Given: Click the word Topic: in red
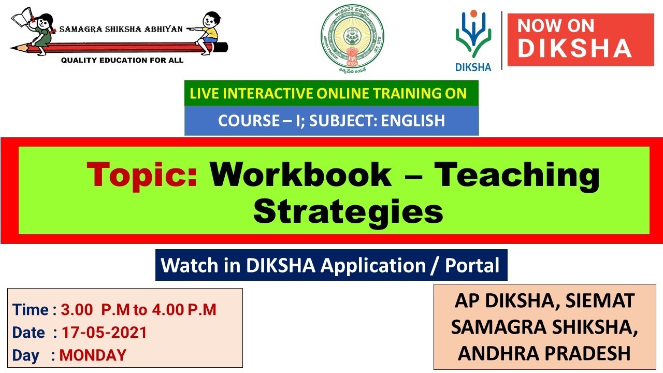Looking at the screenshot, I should tap(142, 175).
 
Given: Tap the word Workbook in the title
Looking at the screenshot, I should tap(300, 175).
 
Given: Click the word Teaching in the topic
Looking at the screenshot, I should tap(516, 176).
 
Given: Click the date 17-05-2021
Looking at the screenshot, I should tap(104, 333).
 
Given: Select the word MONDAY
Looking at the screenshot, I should tap(93, 355).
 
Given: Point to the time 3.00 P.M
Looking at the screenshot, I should tap(95, 310).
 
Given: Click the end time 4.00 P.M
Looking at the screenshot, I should tap(184, 310).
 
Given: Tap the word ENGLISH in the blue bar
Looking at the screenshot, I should tap(413, 121).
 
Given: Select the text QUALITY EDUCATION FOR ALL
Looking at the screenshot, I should tap(122, 61).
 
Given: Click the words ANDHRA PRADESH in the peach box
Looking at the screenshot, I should tap(544, 353).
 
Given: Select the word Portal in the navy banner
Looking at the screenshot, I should tap(472, 265).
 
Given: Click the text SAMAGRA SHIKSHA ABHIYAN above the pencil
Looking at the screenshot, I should tap(121, 30).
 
